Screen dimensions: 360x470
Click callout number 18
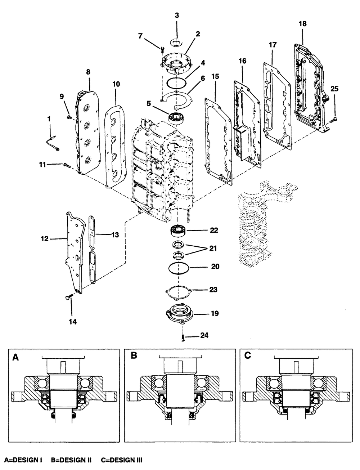pyautogui.click(x=302, y=23)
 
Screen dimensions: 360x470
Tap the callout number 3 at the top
pyautogui.click(x=177, y=15)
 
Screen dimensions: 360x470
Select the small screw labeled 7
pyautogui.click(x=162, y=50)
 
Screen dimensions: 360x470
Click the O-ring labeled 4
pyautogui.click(x=176, y=83)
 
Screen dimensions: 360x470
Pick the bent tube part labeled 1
pyautogui.click(x=52, y=143)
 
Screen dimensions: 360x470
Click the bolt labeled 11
pyautogui.click(x=67, y=165)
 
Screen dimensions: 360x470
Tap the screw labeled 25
pyautogui.click(x=334, y=118)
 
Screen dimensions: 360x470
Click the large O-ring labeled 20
pyautogui.click(x=179, y=268)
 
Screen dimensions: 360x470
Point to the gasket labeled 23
pyautogui.click(x=179, y=292)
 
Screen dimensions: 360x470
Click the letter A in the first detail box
pyautogui.click(x=15, y=357)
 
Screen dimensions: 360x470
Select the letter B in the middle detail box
pyautogui.click(x=134, y=355)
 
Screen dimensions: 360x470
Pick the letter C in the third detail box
pyautogui.click(x=247, y=355)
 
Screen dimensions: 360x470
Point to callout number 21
pyautogui.click(x=213, y=248)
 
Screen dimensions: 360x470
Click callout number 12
pyautogui.click(x=44, y=239)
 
